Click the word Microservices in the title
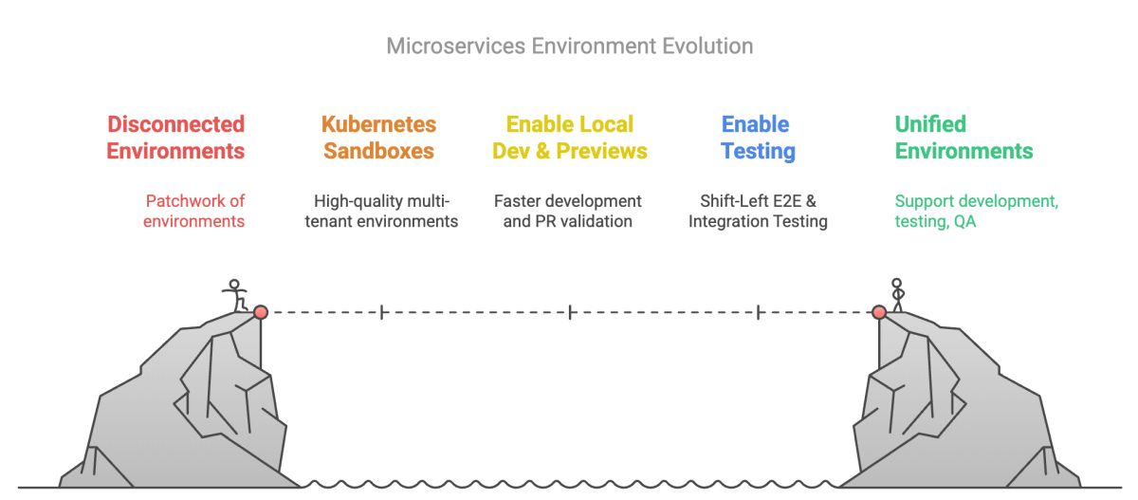point(456,46)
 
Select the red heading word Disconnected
point(175,124)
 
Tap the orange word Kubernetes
point(378,124)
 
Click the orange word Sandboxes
point(378,151)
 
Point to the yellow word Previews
point(601,151)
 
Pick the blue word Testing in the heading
point(758,152)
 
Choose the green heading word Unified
point(930,124)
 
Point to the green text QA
point(964,221)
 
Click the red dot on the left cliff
point(261,312)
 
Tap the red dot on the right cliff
point(879,312)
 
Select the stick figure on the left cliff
point(235,295)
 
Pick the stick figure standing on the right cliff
point(897,295)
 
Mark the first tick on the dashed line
point(382,312)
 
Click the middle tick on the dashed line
point(570,312)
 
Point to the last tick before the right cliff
point(758,312)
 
